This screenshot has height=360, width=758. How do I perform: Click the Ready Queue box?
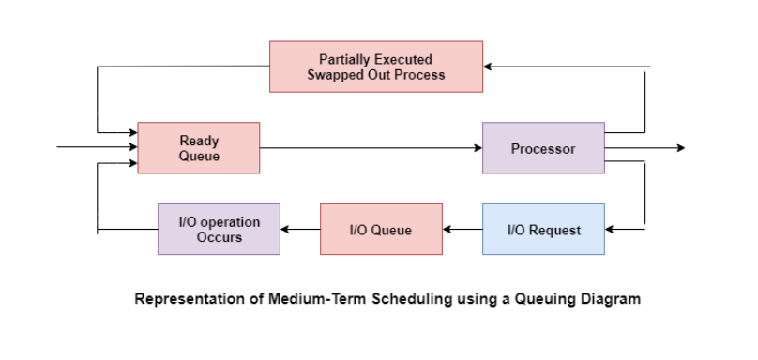point(198,148)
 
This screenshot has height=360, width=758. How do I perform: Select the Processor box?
point(543,148)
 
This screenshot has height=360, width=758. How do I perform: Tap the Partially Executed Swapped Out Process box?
point(375,67)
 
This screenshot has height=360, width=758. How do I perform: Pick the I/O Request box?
point(543,230)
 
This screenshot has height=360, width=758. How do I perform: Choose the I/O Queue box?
point(381,230)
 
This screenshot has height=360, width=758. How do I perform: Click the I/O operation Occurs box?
point(219,230)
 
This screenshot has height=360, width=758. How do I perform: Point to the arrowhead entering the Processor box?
point(477,148)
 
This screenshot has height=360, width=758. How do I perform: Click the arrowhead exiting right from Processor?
point(680,148)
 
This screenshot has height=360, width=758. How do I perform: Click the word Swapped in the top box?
point(334,74)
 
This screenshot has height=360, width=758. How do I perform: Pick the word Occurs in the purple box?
point(219,237)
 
